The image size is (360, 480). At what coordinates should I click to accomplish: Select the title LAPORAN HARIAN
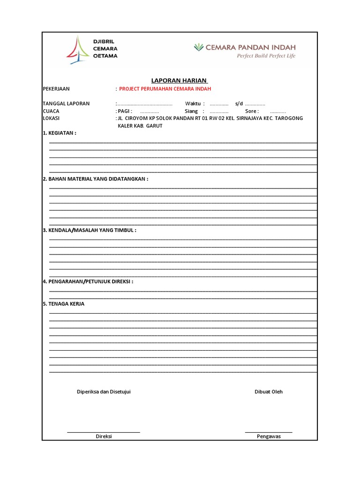pos(180,81)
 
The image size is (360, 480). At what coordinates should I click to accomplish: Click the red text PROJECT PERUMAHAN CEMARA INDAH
pos(165,89)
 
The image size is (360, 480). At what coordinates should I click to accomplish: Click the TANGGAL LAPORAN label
pos(66,104)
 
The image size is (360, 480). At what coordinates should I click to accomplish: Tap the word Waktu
pos(193,104)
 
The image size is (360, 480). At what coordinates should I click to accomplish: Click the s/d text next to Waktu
pos(239,104)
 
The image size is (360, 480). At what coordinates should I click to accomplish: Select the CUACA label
pos(51,111)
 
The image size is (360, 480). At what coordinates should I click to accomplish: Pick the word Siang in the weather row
pos(191,111)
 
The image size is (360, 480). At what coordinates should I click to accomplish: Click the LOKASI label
pos(51,119)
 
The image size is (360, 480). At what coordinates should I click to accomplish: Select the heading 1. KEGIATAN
pos(59,133)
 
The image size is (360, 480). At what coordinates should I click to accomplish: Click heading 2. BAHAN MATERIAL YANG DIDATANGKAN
pos(95,179)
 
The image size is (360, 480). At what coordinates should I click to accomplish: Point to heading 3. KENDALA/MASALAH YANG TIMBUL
pos(89,231)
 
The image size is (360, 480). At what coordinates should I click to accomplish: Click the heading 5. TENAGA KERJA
pos(63,304)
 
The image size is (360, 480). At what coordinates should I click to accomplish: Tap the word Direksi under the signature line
pos(104,436)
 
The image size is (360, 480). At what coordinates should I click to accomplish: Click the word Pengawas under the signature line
pos(269,436)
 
